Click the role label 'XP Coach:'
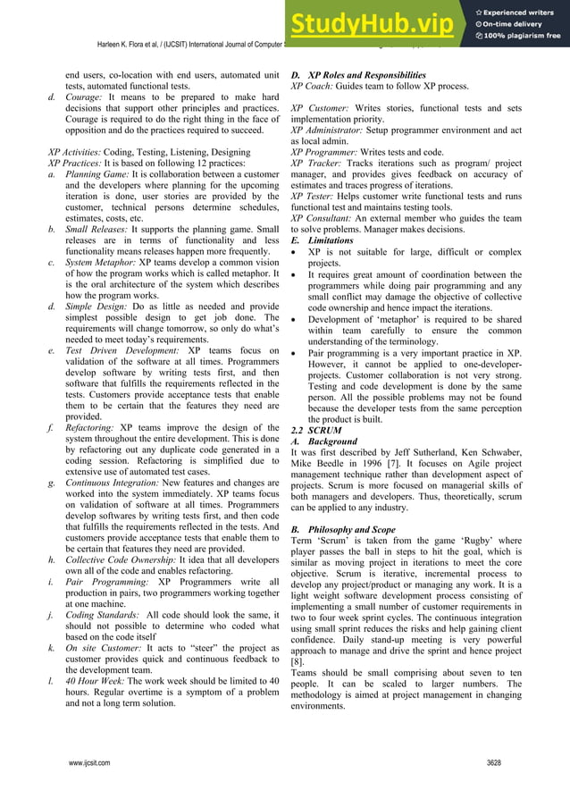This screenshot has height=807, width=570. point(311,87)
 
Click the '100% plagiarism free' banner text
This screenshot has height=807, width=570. point(523,36)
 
